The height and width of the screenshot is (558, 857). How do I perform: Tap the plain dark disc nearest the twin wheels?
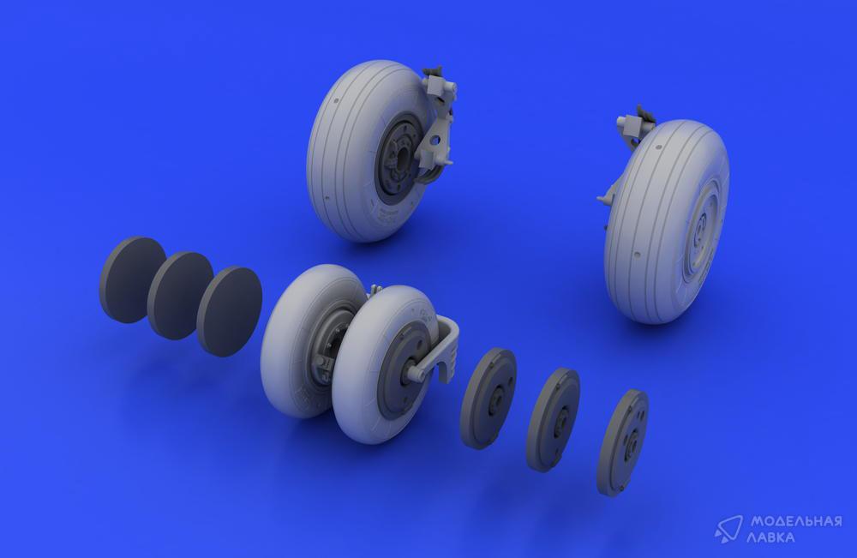point(229,311)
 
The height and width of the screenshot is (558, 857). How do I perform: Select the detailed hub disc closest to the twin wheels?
point(488,398)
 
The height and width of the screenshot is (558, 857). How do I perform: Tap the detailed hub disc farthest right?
point(623,441)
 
